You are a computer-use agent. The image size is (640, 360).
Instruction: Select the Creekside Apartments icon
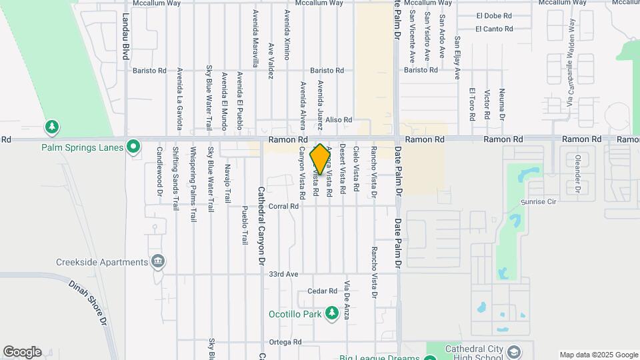click(157, 261)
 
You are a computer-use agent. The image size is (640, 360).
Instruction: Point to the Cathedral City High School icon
click(513, 351)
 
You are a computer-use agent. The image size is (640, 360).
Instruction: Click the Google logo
click(22, 352)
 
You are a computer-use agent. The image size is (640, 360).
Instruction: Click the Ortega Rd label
click(285, 342)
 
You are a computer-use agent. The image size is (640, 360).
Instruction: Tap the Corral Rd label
click(284, 207)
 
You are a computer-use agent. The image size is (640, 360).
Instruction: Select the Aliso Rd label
click(338, 120)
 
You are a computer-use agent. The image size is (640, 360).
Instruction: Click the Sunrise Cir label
click(538, 201)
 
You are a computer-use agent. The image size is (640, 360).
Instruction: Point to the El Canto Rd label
click(494, 29)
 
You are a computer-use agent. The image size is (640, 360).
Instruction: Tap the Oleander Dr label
click(577, 175)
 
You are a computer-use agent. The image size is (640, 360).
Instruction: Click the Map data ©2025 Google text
click(597, 355)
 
